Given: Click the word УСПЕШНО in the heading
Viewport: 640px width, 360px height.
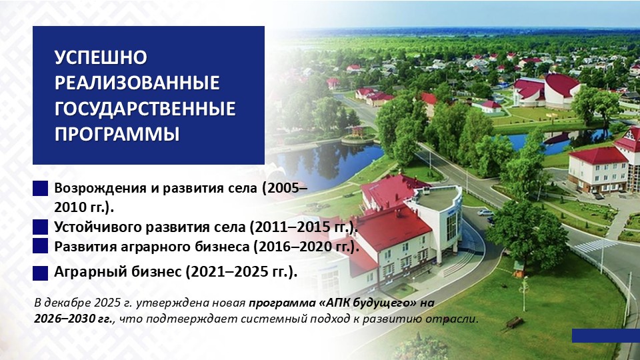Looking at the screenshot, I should [100, 57].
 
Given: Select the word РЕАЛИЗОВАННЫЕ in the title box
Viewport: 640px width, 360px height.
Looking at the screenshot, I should [137, 83].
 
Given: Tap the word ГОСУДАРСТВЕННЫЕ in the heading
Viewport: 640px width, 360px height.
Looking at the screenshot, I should [145, 108].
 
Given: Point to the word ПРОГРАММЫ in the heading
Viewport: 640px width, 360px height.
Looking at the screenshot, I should [117, 133].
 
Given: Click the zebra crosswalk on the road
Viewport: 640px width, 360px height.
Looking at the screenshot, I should [595, 246].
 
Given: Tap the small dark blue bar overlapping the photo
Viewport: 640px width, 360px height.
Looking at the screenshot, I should [605, 335].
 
